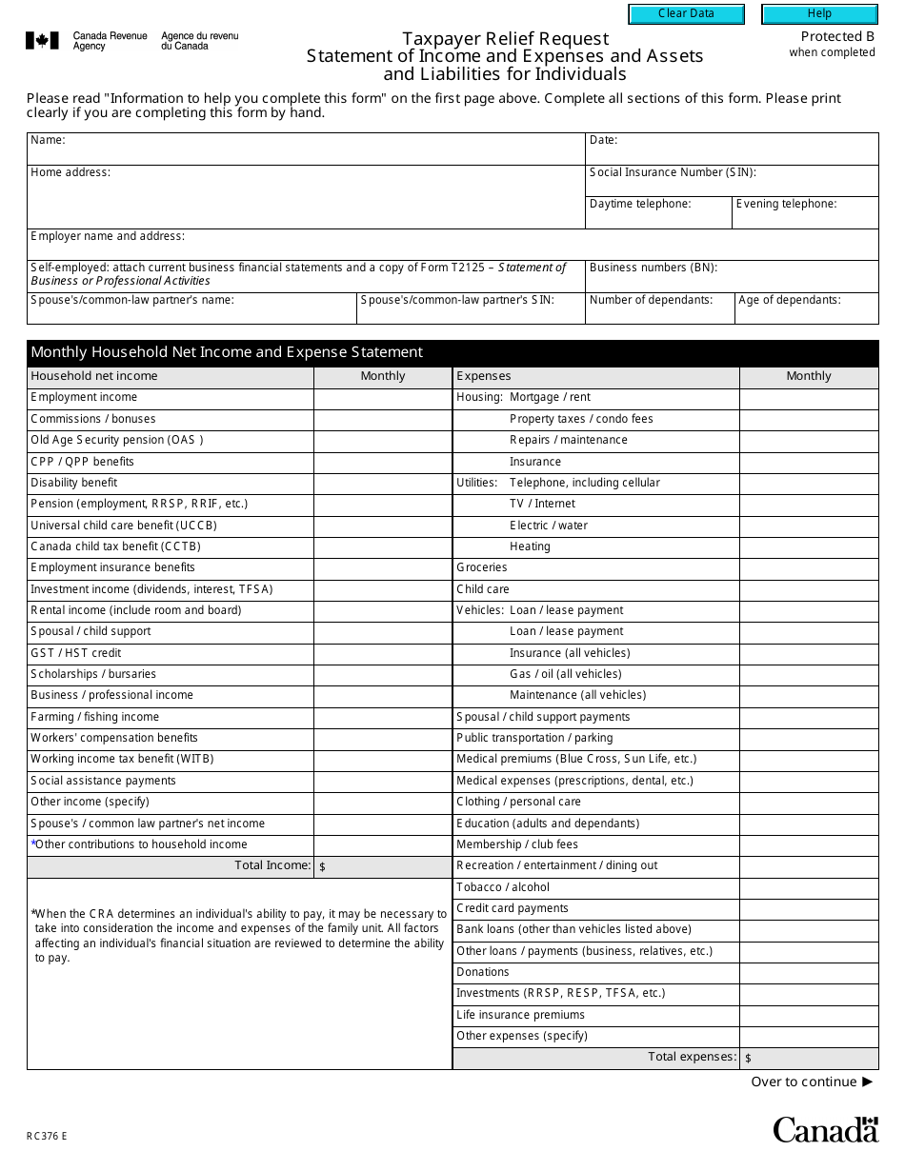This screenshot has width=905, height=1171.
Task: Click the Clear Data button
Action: coord(686,14)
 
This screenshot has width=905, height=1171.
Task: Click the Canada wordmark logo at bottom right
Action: coord(825,1130)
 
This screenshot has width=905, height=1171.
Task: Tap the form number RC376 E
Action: coord(47,1136)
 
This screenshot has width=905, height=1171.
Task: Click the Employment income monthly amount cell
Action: coord(382,398)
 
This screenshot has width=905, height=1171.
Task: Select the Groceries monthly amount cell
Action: coord(808,568)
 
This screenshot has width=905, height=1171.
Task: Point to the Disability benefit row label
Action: coord(74,483)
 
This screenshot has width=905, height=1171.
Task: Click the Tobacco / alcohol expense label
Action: coord(502,887)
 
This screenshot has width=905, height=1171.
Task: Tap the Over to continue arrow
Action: coord(867,1082)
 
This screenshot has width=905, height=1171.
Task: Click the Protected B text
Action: coord(836,36)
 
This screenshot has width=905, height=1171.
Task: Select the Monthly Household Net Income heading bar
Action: coord(452,352)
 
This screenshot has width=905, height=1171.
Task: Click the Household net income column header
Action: coord(94,376)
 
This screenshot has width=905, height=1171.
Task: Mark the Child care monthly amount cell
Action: coord(808,589)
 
